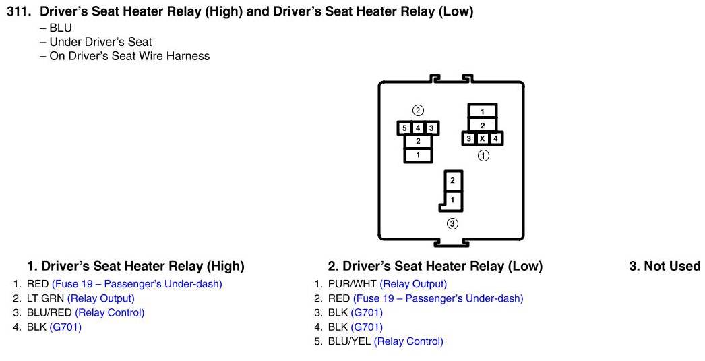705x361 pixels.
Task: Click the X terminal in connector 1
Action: click(483, 138)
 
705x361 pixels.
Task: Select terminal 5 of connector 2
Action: click(404, 128)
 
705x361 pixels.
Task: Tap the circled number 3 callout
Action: click(452, 223)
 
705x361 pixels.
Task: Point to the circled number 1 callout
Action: click(483, 155)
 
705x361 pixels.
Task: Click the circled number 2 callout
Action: click(418, 110)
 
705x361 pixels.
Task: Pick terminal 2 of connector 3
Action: click(452, 180)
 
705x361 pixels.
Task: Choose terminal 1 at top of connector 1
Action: click(483, 111)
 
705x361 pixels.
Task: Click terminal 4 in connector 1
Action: click(496, 138)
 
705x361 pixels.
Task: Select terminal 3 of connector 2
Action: click(431, 128)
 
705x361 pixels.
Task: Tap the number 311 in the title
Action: click(20, 11)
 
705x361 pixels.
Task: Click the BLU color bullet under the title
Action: click(60, 28)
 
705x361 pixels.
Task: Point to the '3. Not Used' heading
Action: click(665, 266)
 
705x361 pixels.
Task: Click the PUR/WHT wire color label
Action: click(352, 284)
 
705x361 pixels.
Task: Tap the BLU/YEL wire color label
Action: click(349, 341)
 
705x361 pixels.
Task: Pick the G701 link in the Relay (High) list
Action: click(65, 327)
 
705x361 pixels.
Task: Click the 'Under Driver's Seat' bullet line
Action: click(100, 42)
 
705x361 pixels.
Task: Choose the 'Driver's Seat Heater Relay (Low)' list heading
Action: click(435, 266)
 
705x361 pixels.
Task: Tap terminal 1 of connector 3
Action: click(452, 200)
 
